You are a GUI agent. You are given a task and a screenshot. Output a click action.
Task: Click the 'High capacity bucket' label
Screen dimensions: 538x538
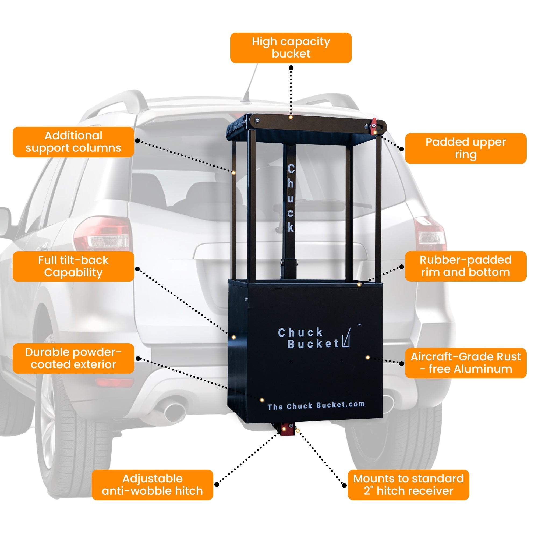(x=291, y=48)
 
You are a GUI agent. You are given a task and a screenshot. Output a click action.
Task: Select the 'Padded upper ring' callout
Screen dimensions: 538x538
(x=465, y=148)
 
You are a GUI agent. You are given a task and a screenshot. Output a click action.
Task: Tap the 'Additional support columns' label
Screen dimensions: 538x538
(x=73, y=142)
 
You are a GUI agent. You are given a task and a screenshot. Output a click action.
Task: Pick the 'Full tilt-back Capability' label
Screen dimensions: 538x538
(x=73, y=266)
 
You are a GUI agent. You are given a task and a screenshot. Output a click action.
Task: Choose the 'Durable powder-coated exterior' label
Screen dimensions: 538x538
(x=73, y=358)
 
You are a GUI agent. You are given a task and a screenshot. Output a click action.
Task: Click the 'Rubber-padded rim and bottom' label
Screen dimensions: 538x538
(x=465, y=266)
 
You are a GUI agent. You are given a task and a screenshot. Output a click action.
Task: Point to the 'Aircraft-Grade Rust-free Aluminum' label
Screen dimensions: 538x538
(x=465, y=363)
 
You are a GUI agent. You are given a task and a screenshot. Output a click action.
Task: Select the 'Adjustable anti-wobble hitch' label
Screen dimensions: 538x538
(x=152, y=485)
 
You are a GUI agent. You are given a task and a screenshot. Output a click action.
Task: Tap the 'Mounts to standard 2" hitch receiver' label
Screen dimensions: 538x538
(x=408, y=485)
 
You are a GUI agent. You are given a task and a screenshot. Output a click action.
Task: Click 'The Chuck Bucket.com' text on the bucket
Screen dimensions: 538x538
(x=316, y=406)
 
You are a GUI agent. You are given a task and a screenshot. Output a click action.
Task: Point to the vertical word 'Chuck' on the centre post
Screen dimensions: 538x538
(x=291, y=198)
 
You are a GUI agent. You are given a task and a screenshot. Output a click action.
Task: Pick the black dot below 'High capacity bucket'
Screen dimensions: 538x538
(x=291, y=68)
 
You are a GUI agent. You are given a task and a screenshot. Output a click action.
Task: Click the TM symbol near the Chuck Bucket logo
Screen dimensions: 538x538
(x=359, y=324)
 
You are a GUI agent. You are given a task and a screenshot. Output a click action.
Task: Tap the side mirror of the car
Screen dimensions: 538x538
(x=5, y=221)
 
